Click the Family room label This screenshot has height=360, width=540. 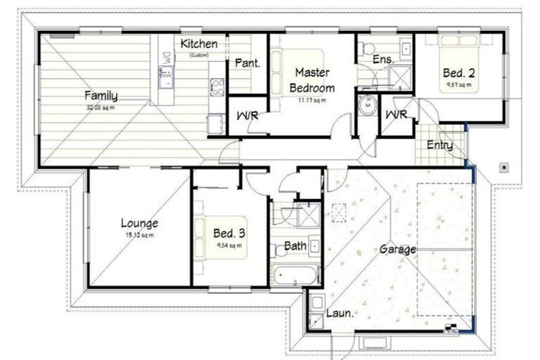[101, 95]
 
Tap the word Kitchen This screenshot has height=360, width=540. [199, 44]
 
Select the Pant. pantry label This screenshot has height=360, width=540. [247, 63]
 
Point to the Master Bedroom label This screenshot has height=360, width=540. [313, 79]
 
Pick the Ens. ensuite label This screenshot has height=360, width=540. [382, 60]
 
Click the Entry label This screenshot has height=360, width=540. [439, 146]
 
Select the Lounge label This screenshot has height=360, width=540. [139, 223]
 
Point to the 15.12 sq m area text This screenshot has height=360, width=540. [139, 235]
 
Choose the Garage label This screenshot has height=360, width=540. [398, 249]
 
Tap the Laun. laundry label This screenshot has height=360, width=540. [340, 314]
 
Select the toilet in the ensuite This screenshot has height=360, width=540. [366, 49]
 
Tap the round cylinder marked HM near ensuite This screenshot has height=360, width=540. [367, 106]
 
